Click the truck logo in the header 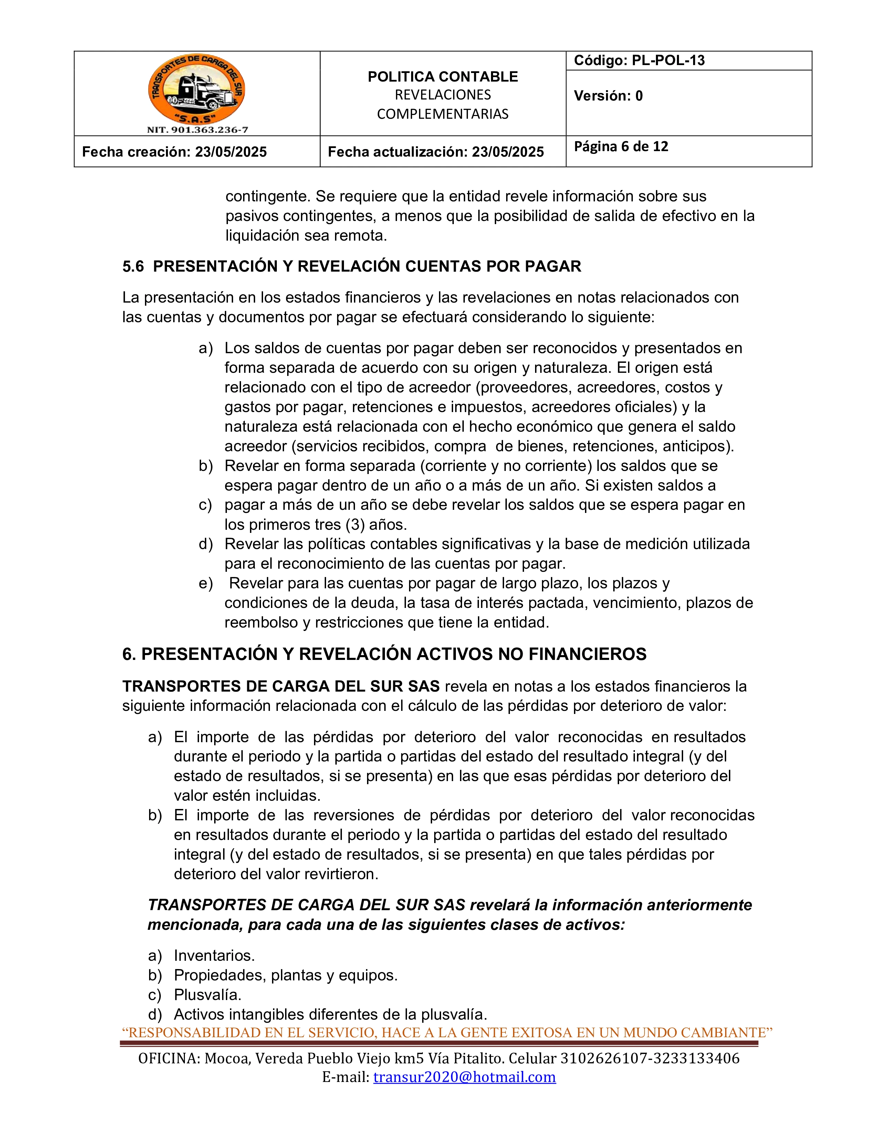pos(197,90)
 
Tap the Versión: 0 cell pos(608,96)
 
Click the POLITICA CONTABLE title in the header pos(443,76)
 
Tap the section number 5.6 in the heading pos(133,266)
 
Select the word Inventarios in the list pos(214,956)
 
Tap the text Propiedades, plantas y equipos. pos(285,975)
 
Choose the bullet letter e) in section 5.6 pos(206,583)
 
